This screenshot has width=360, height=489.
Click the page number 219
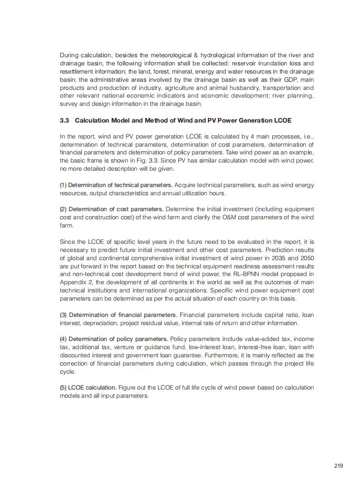click(338, 466)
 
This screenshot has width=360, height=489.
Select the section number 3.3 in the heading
click(64, 121)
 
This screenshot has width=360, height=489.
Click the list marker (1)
click(63, 185)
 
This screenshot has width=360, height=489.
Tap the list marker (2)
click(63, 209)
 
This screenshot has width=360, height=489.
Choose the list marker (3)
click(63, 315)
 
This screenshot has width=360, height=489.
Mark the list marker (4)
click(63, 339)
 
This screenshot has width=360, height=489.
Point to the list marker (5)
click(63, 388)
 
